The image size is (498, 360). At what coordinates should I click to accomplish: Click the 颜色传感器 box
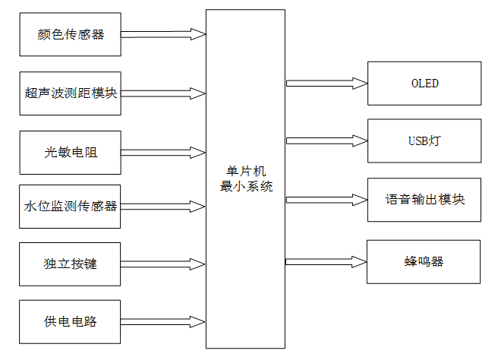(x=70, y=34)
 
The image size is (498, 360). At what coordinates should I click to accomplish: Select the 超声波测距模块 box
(x=70, y=93)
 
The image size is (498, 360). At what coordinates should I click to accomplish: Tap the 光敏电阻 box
(x=70, y=152)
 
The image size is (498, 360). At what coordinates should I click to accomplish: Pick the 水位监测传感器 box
(x=70, y=206)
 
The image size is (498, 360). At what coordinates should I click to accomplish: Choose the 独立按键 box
(x=70, y=264)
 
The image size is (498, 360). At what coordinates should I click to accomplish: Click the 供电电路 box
(x=70, y=321)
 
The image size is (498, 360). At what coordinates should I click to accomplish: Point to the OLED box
(x=424, y=83)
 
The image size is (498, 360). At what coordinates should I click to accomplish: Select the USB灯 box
(x=424, y=140)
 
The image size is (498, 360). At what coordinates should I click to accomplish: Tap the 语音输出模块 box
(x=424, y=200)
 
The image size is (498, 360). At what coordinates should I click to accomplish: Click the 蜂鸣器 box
(x=424, y=262)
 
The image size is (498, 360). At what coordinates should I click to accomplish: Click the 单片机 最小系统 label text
(x=245, y=178)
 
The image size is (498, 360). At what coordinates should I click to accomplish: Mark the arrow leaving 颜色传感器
(x=163, y=34)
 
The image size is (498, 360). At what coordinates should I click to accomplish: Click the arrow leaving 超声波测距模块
(x=163, y=93)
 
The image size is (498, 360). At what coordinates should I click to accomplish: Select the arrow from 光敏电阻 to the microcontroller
(x=163, y=152)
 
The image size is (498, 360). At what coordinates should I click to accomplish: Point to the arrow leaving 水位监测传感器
(x=163, y=206)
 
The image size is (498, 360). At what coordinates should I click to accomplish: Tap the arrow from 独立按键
(x=163, y=264)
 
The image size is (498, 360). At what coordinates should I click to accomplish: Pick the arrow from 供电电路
(x=163, y=321)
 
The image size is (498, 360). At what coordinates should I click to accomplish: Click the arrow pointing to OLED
(x=326, y=83)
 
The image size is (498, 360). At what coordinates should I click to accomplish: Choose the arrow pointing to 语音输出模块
(x=326, y=200)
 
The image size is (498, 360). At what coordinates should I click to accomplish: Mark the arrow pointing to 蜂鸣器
(x=326, y=262)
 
